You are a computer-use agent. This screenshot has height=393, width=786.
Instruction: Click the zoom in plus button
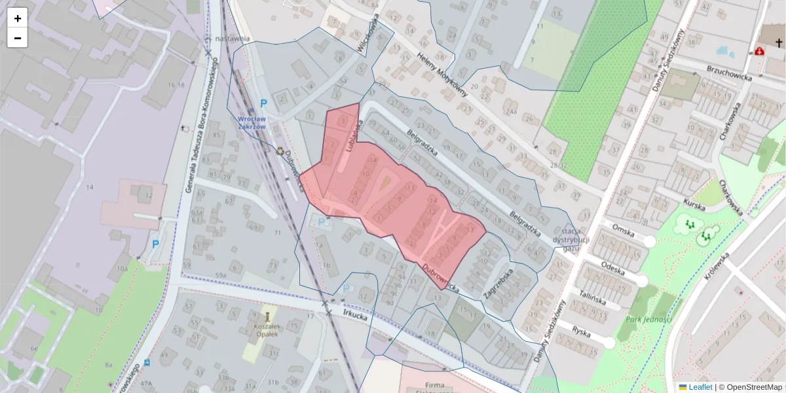pos(18,18)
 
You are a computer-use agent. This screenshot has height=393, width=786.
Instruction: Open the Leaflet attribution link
pos(700,387)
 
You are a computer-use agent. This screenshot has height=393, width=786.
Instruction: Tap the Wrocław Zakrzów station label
pos(252,122)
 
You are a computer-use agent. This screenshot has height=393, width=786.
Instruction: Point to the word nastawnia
pos(233,38)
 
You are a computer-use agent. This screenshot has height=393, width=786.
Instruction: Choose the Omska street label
pos(624,227)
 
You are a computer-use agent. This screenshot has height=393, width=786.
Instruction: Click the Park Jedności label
pos(648,319)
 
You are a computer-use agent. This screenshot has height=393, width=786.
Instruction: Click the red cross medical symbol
pos(760,51)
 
